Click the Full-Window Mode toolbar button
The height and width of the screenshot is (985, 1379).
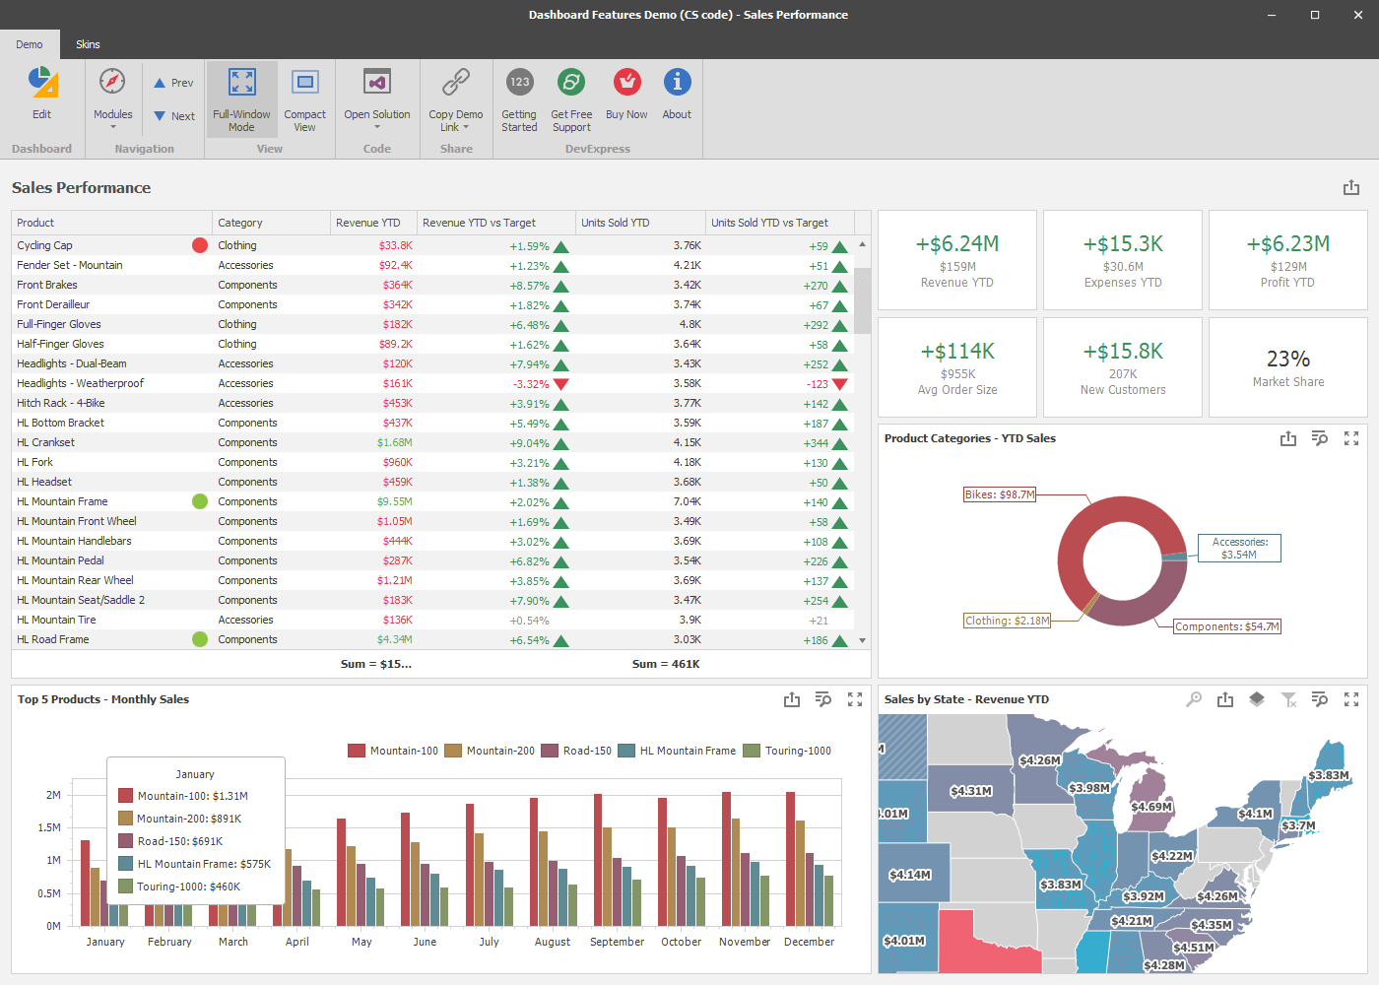point(241,98)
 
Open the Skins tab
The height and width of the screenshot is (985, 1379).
point(88,44)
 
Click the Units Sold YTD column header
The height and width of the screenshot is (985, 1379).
point(615,223)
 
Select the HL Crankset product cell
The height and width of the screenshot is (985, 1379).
point(45,442)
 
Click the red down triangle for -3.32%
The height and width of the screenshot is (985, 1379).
point(561,383)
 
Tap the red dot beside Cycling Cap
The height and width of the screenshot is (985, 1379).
point(200,245)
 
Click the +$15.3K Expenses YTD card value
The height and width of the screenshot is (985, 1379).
point(1123,244)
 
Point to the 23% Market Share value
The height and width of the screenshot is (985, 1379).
point(1287,359)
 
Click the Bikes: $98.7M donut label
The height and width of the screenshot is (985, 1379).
point(1000,494)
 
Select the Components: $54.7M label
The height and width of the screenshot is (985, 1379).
point(1226,626)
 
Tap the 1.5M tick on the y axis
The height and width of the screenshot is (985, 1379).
point(49,827)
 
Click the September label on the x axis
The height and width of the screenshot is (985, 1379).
point(617,942)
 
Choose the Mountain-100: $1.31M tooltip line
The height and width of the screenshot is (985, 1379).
point(192,796)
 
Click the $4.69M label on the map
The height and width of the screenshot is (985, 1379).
point(1150,807)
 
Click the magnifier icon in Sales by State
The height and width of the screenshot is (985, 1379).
point(1194,699)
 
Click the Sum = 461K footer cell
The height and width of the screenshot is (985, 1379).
point(666,664)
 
